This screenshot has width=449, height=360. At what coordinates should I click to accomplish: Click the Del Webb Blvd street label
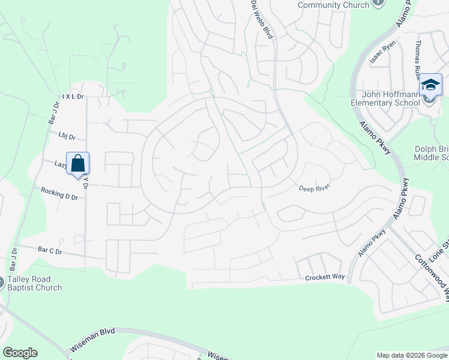click(262, 20)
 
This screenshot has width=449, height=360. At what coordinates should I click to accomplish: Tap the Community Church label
click(333, 5)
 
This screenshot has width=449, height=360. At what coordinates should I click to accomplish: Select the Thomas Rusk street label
click(418, 61)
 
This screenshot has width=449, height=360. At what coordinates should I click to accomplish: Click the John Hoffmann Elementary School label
click(390, 98)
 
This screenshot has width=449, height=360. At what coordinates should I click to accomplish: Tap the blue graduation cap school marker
click(430, 85)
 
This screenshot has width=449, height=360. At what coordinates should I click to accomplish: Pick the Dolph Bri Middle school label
click(431, 153)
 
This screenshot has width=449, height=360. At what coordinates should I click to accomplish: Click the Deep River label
click(315, 188)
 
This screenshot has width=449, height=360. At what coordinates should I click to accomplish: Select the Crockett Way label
click(325, 278)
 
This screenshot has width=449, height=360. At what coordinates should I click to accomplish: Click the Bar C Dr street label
click(50, 251)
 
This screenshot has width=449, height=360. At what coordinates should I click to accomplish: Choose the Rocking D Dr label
click(59, 193)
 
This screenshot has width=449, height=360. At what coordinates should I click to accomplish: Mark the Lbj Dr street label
click(67, 136)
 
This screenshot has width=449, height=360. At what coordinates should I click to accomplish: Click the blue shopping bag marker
click(78, 163)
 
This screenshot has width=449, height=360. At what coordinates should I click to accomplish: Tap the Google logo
click(20, 353)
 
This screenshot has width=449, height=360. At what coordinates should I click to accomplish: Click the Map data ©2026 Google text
click(412, 355)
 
